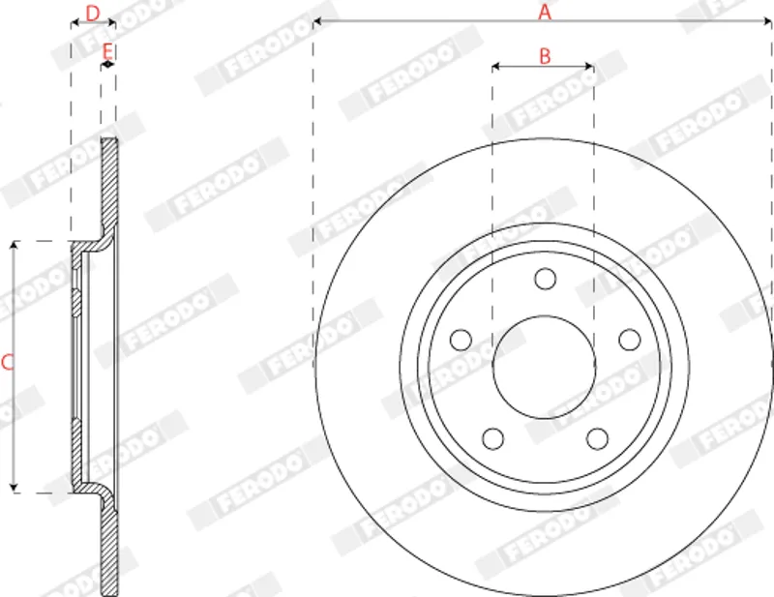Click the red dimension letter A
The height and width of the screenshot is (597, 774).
tap(545, 12)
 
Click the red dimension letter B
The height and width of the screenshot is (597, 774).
tap(545, 56)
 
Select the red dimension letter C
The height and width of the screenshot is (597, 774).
tap(8, 363)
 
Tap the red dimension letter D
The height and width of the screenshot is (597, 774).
tap(93, 14)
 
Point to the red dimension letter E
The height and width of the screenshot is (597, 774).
tap(107, 51)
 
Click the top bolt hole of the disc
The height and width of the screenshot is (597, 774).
tap(545, 279)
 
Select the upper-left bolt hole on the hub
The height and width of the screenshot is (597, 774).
tap(461, 341)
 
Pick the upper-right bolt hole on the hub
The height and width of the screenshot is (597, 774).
tap(630, 341)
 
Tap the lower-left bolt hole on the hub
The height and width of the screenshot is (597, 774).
tap(492, 439)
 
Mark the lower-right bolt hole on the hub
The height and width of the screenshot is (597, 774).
tap(597, 439)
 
